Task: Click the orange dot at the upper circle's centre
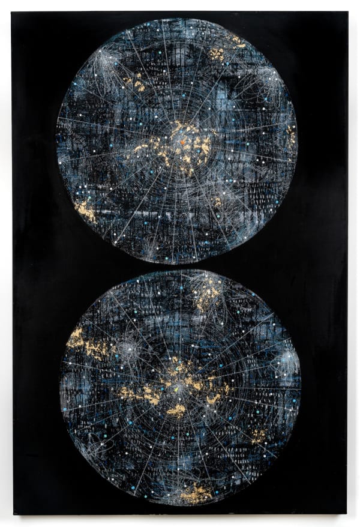click(x=183, y=142)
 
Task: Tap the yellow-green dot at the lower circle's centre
click(x=178, y=389)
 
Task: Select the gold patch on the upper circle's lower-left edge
click(x=85, y=211)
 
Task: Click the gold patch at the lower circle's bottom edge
click(x=196, y=493)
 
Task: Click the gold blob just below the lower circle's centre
click(x=176, y=411)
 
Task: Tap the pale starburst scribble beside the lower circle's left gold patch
click(x=126, y=349)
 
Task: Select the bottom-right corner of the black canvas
click(x=346, y=514)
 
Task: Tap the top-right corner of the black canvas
click(x=347, y=12)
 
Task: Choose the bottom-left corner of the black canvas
click(x=13, y=514)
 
